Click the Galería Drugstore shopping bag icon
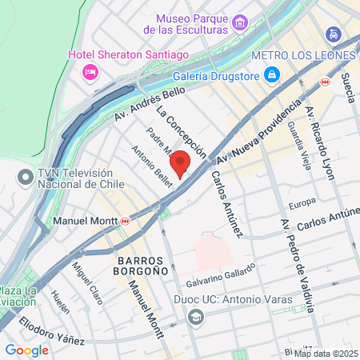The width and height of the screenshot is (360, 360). click(272, 75)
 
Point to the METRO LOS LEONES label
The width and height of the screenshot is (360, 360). click(302, 55)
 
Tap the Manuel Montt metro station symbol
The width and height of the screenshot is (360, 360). click(126, 220)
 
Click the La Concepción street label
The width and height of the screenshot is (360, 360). click(182, 130)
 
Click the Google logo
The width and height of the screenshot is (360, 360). click(26, 350)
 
